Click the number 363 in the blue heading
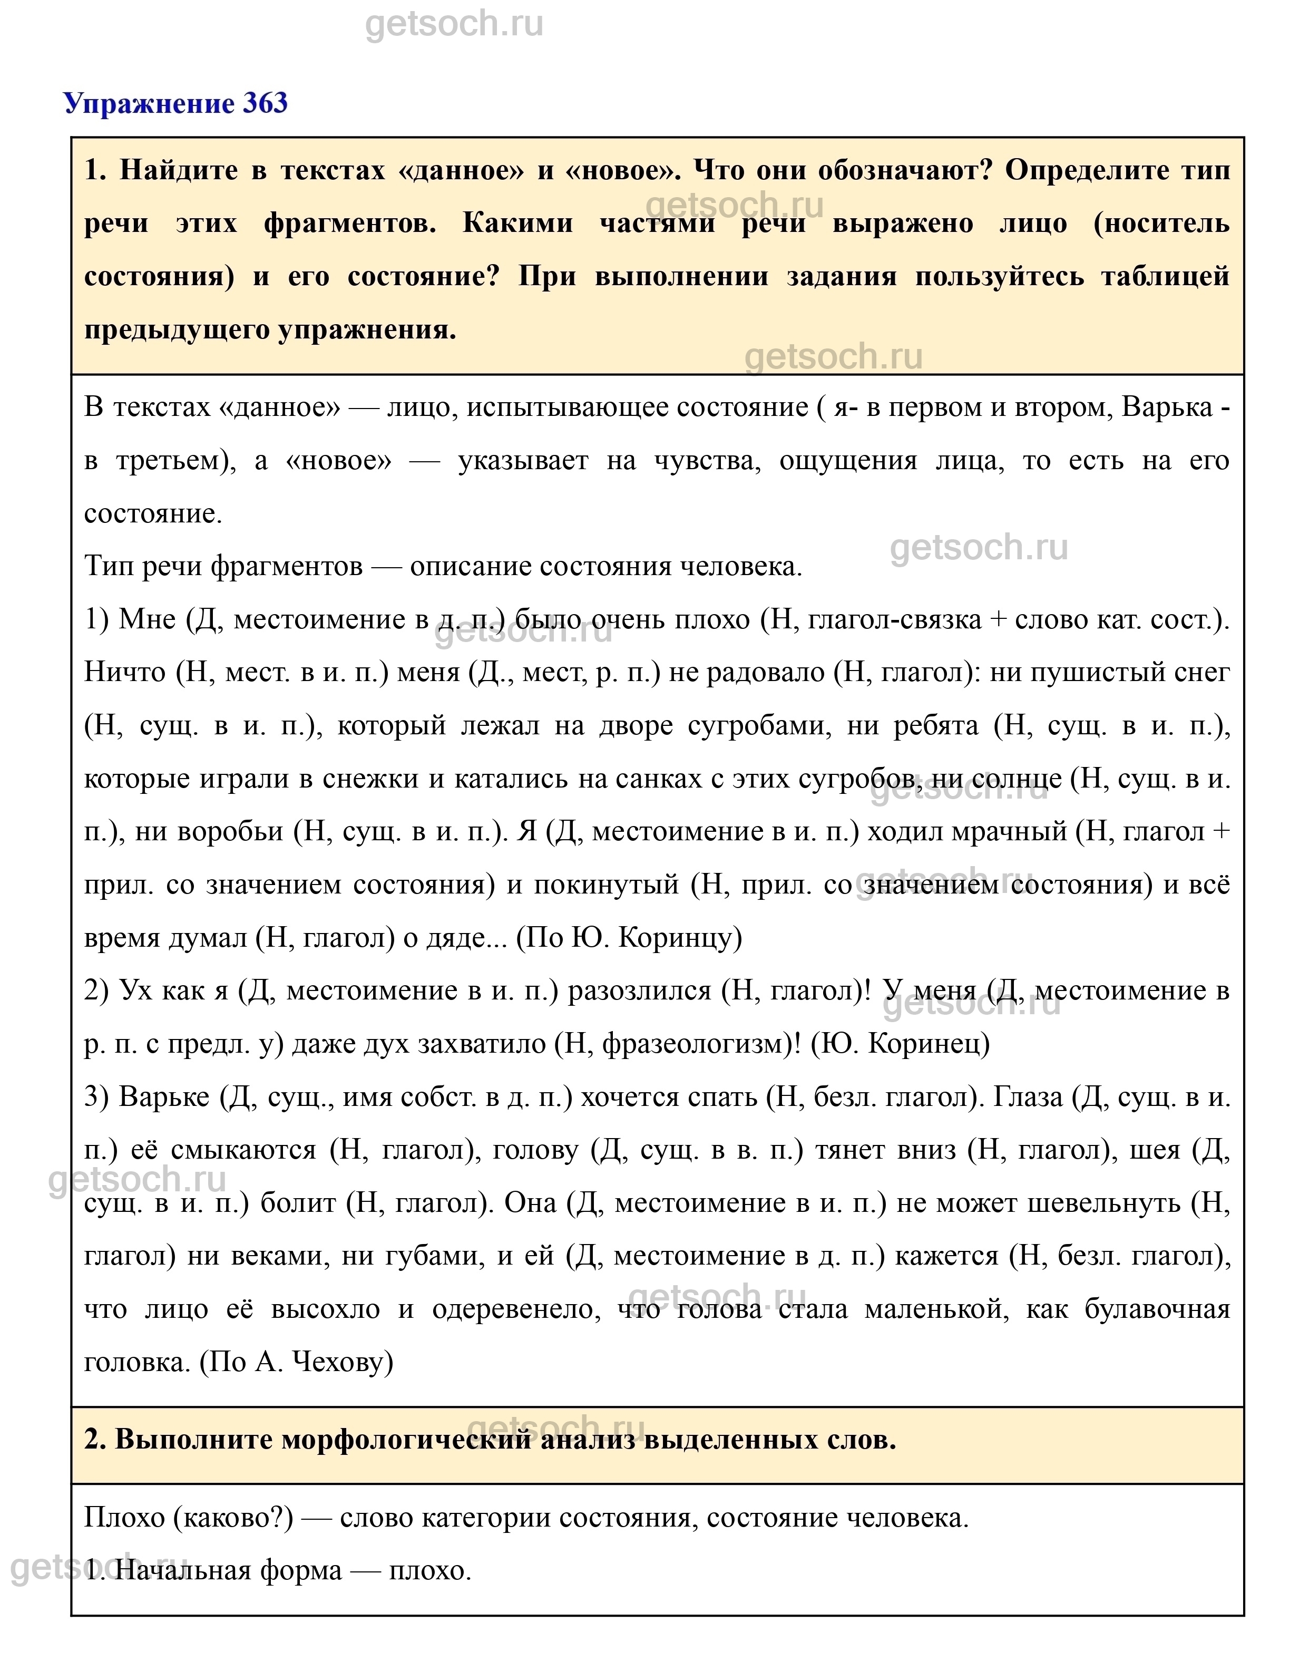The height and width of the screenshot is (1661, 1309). coord(265,103)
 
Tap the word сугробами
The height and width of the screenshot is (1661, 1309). coord(759,725)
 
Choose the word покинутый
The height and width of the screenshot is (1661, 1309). coord(606,885)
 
